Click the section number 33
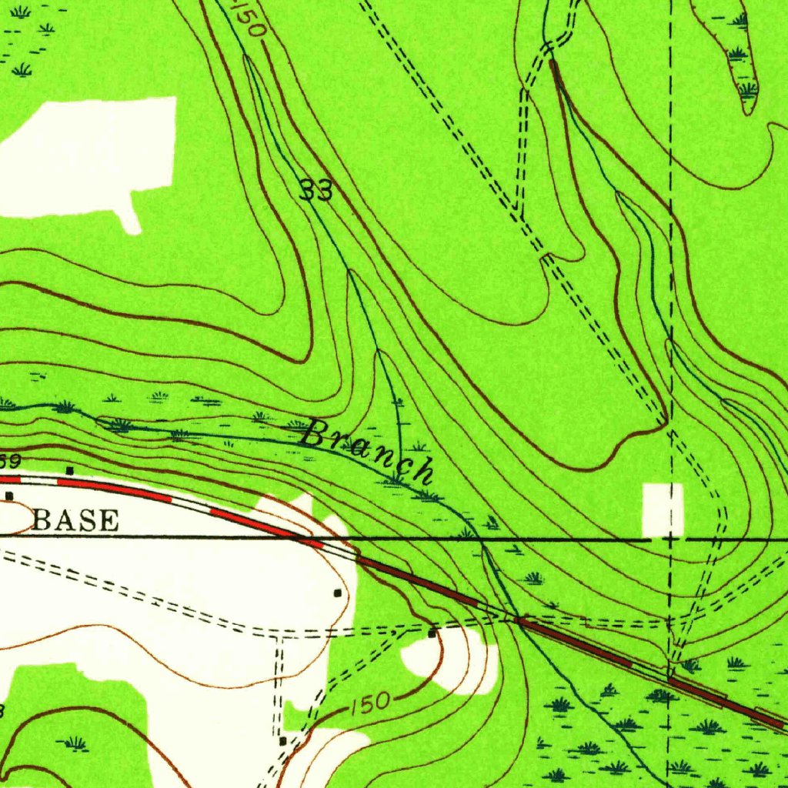(x=316, y=190)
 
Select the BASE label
(x=76, y=521)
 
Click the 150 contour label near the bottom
(x=372, y=703)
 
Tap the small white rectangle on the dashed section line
(x=663, y=509)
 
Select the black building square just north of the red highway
(x=70, y=469)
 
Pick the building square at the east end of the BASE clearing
(x=337, y=593)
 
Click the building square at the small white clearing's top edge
(x=432, y=633)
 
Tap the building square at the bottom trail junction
(x=283, y=740)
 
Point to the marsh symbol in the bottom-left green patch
(x=75, y=743)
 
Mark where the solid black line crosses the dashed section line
(x=670, y=539)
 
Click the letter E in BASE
(x=110, y=521)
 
